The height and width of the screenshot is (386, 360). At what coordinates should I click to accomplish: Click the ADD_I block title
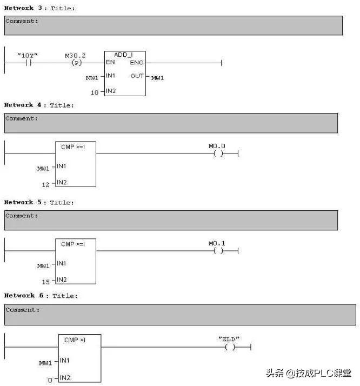pos(123,55)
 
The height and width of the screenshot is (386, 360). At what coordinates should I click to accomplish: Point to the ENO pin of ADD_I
pos(137,63)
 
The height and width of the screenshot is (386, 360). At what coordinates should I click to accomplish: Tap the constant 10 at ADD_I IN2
pos(95,92)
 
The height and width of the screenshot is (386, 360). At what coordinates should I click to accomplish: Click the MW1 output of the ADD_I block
pos(157,78)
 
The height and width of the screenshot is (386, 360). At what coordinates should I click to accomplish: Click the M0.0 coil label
pos(217,146)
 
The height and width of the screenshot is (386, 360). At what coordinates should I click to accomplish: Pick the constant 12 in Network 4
pos(45,184)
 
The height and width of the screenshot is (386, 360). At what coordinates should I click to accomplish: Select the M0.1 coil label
pos(217,243)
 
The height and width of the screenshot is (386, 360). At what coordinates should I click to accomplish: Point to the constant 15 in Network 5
pos(45,282)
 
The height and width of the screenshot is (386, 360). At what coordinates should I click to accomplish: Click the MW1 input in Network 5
pos(43,265)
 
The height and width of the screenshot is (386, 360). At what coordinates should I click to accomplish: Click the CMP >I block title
pos(75,340)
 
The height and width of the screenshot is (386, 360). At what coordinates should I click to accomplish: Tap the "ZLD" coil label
pos(229,339)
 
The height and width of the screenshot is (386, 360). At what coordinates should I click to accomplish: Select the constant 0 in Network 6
pos(50,380)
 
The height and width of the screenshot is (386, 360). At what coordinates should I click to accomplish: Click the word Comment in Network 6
pos(22,310)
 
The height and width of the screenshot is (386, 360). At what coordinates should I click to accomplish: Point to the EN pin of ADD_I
pos(110,63)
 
